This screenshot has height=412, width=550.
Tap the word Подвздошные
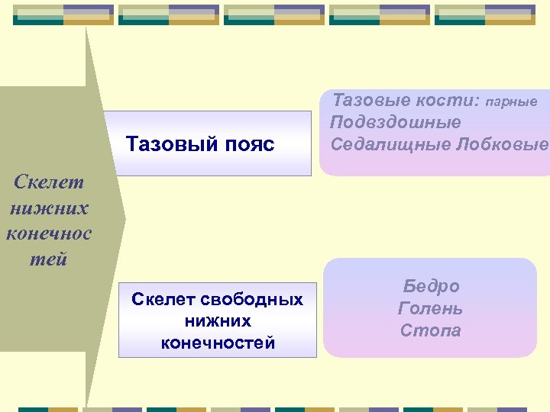396,122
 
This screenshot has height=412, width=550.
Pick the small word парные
512,101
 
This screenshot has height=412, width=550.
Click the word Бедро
431,286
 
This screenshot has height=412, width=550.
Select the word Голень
431,308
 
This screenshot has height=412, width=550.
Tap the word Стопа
431,330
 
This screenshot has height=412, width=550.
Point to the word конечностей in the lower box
218,343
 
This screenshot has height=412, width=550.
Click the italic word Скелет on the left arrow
48,183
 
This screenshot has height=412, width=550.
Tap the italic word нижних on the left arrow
48,208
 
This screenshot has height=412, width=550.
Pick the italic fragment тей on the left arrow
48,259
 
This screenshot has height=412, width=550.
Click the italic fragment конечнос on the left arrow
48,233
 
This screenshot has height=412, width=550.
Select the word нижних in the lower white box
218,321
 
